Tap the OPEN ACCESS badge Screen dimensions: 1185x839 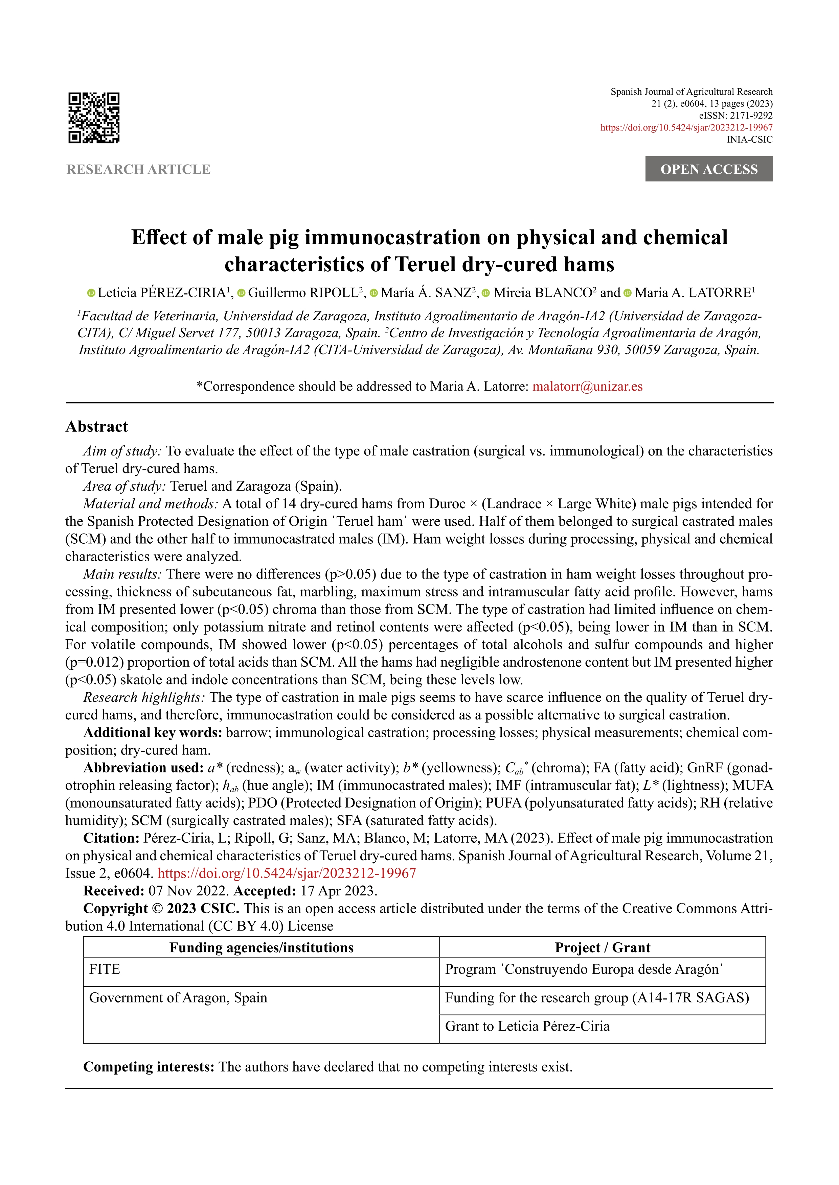coord(708,169)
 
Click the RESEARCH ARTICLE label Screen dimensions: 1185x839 coord(138,169)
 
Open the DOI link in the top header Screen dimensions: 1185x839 coord(686,127)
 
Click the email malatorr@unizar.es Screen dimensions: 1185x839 coord(587,387)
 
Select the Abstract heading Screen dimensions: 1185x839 coord(97,426)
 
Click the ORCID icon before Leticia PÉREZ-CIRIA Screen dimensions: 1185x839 coord(91,293)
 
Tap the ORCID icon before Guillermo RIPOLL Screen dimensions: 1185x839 coord(241,293)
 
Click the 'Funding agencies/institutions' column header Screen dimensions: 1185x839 coord(262,947)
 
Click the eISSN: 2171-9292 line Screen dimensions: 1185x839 coord(735,116)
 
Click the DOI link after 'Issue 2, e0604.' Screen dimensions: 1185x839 coord(287,873)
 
